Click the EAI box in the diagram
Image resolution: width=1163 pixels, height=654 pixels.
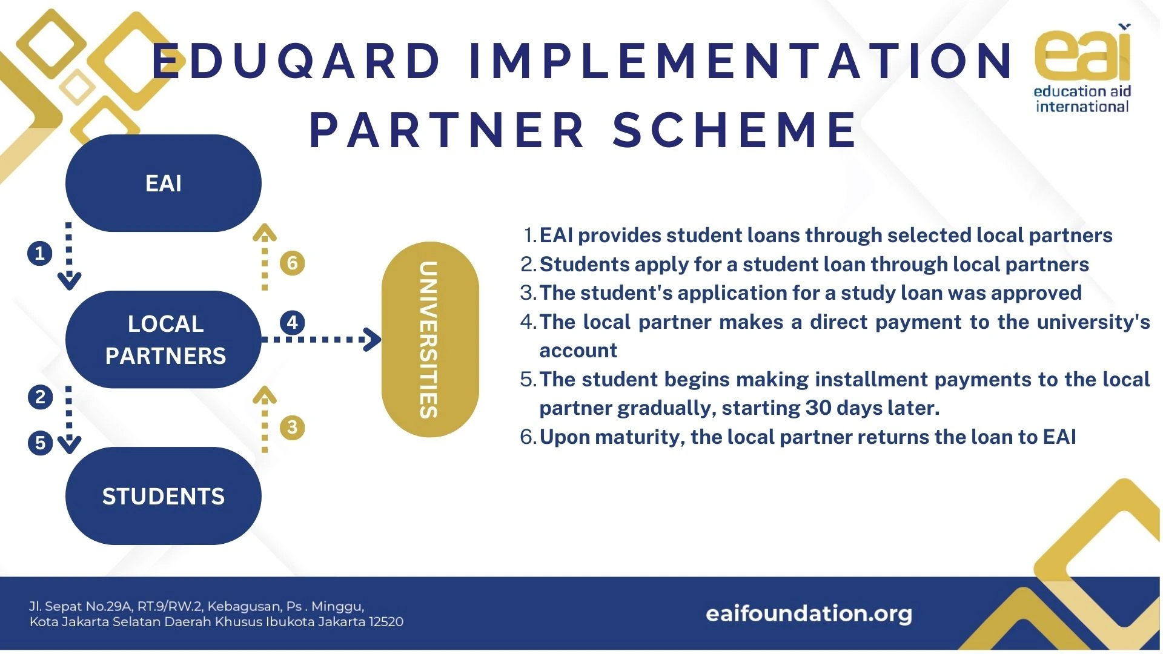click(164, 183)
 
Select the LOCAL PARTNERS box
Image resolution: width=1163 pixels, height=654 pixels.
click(164, 340)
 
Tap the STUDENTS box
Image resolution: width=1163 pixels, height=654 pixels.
click(164, 496)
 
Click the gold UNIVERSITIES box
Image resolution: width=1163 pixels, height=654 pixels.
click(430, 339)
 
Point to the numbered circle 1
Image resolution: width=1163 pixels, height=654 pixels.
click(40, 253)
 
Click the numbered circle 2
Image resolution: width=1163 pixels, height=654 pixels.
click(40, 397)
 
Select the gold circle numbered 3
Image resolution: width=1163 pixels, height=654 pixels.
click(292, 428)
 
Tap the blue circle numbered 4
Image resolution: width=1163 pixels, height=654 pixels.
click(292, 322)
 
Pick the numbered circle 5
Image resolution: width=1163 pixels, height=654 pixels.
click(40, 443)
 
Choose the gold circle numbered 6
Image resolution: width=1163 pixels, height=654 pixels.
click(292, 263)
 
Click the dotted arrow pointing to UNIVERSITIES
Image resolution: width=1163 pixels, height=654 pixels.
click(322, 339)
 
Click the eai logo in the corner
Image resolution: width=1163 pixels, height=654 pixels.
click(1082, 68)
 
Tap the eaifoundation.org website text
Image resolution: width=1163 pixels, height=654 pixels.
click(809, 613)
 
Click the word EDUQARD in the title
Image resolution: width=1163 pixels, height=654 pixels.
click(296, 61)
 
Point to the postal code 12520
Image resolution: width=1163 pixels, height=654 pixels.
click(386, 621)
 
